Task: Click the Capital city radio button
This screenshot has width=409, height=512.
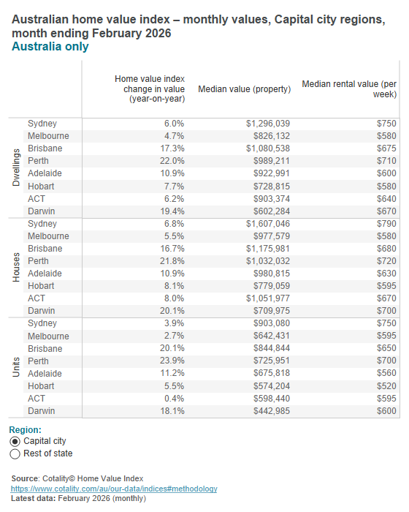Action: [x=15, y=442]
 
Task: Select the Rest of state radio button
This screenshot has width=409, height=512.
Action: [x=15, y=454]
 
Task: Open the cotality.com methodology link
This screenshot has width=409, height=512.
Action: [x=114, y=489]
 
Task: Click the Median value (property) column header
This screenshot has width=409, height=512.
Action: [x=245, y=89]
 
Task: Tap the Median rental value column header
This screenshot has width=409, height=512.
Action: [x=349, y=89]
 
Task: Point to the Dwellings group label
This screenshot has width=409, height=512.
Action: [x=17, y=167]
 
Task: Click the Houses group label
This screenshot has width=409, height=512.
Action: [x=17, y=267]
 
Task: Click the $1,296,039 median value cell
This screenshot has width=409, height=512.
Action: [x=268, y=124]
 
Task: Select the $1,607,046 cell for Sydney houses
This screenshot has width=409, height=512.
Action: [x=268, y=224]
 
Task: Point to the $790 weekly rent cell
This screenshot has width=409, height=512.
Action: [x=385, y=224]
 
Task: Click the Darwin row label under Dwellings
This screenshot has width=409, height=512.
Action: [x=42, y=211]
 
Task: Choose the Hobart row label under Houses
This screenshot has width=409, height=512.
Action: [x=42, y=286]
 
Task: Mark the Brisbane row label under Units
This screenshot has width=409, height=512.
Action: [x=45, y=349]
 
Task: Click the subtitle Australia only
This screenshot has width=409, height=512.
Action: [x=50, y=47]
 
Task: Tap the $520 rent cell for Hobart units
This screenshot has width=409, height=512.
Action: [x=385, y=386]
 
